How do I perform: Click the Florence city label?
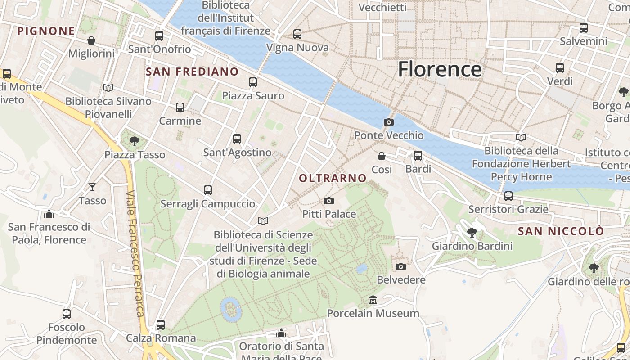click(440, 69)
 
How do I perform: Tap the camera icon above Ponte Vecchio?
click(388, 122)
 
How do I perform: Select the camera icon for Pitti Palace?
click(329, 201)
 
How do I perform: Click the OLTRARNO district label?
click(333, 178)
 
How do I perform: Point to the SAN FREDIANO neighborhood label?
click(192, 72)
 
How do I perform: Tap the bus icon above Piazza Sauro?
click(253, 82)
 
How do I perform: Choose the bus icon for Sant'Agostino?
click(237, 139)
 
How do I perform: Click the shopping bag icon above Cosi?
click(382, 156)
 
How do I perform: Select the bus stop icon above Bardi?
click(418, 156)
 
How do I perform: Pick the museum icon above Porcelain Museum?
click(373, 300)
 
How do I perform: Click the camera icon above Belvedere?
click(400, 266)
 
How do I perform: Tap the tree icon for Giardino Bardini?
click(472, 233)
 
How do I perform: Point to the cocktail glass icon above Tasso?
click(92, 187)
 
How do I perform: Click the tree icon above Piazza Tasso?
click(134, 141)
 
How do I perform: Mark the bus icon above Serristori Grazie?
click(508, 196)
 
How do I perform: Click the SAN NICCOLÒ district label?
click(561, 231)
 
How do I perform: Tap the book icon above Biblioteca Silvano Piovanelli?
click(108, 88)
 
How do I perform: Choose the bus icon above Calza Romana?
click(161, 324)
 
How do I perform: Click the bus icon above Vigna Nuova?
click(297, 34)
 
